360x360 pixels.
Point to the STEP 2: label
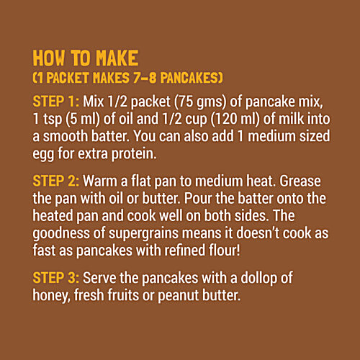point(58,176)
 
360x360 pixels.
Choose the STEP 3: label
point(58,278)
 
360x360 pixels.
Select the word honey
point(52,294)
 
